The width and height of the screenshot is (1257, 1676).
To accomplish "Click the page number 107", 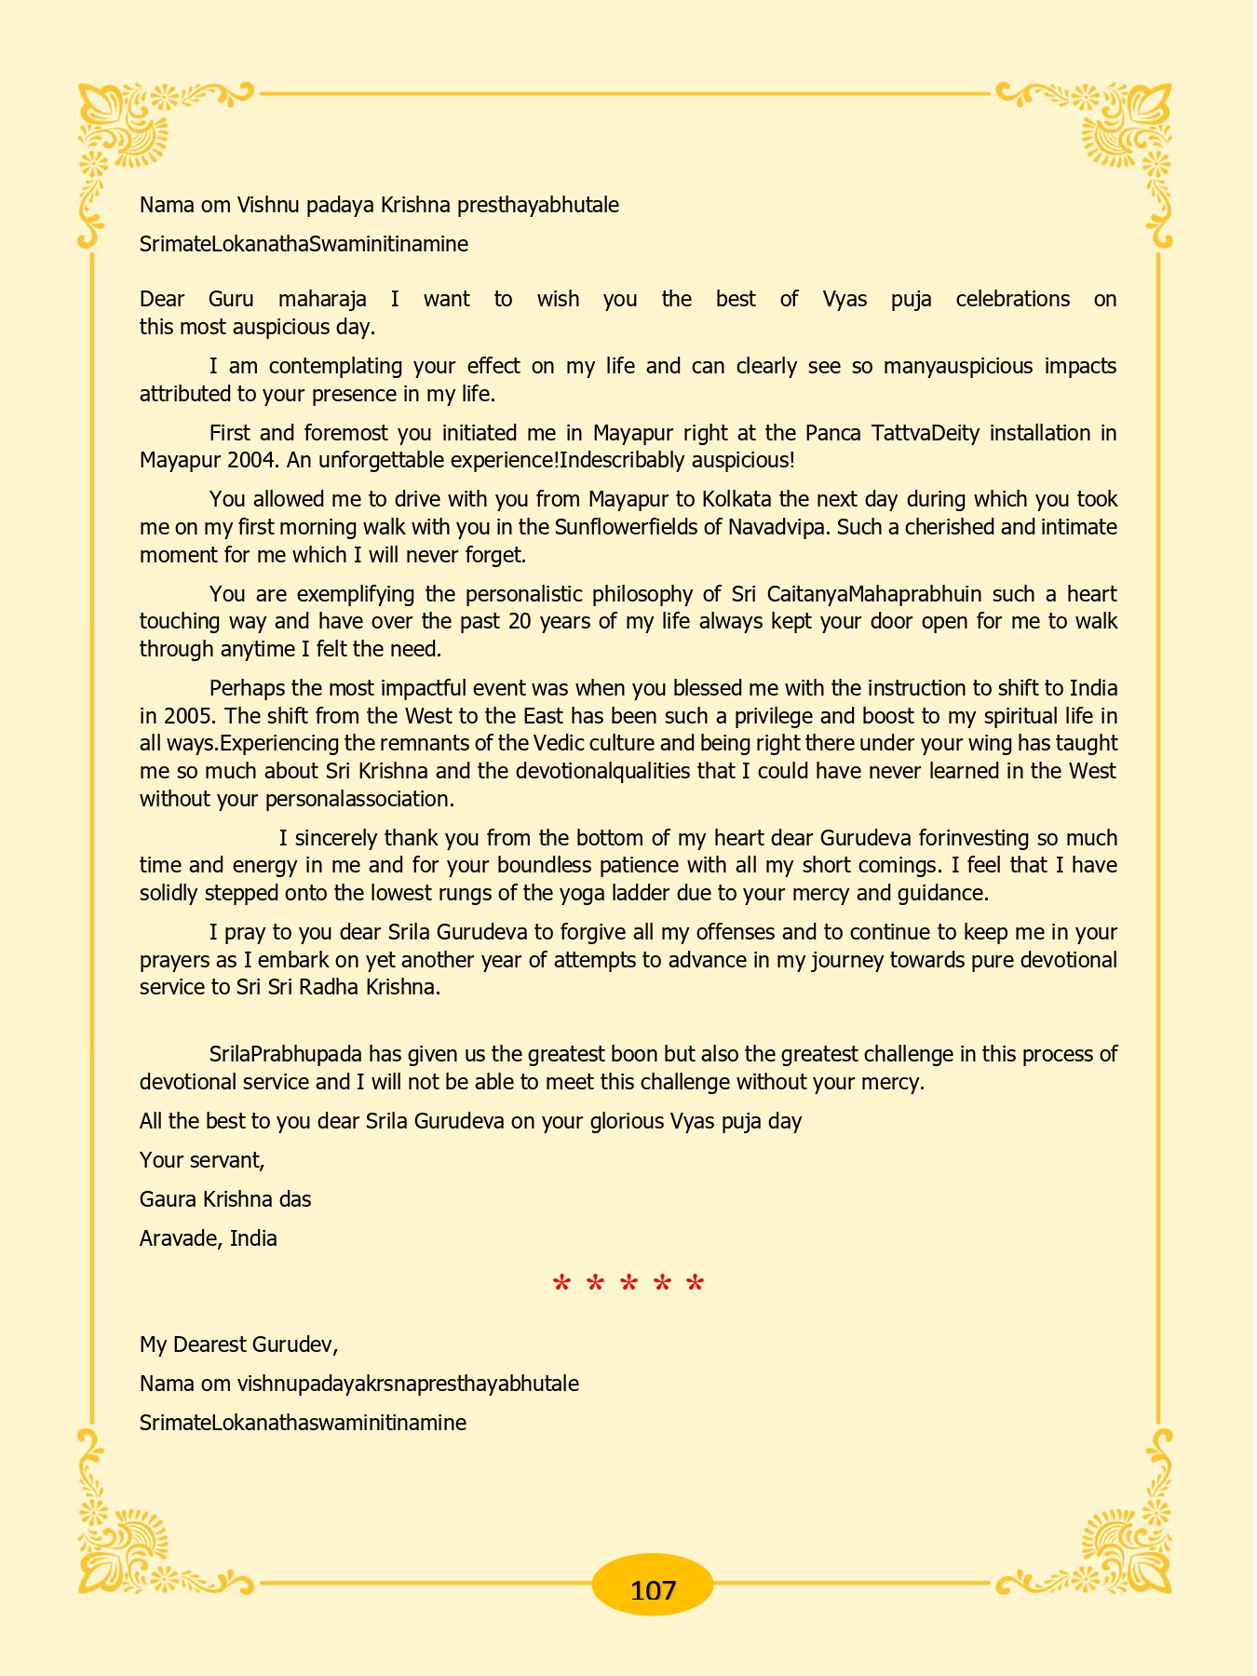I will (x=652, y=1589).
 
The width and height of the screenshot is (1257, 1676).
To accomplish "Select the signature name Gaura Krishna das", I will (x=225, y=1199).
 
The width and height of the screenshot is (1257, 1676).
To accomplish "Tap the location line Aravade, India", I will (x=209, y=1238).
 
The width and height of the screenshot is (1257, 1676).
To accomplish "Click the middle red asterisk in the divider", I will (x=628, y=1286).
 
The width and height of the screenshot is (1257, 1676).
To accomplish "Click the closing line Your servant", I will (x=202, y=1160).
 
